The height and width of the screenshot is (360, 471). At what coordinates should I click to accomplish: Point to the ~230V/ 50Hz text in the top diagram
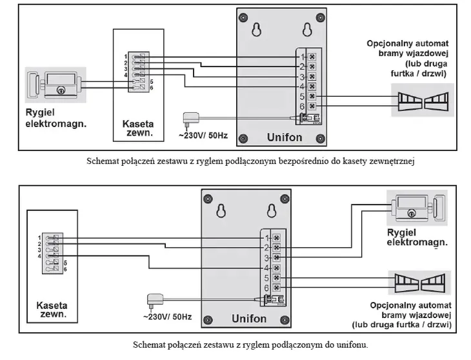click(x=202, y=136)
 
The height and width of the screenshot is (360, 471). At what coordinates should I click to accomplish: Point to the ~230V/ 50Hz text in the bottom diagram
click(x=166, y=317)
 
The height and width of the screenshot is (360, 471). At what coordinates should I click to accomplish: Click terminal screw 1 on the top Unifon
click(x=312, y=56)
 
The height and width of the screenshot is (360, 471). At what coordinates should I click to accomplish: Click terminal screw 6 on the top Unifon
click(x=312, y=106)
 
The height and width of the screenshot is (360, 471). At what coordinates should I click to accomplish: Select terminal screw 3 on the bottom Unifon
click(x=277, y=257)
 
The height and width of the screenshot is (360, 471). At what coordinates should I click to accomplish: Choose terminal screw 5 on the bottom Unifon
click(x=277, y=277)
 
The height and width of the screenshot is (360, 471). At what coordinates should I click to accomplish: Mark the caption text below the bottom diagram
click(x=250, y=345)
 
